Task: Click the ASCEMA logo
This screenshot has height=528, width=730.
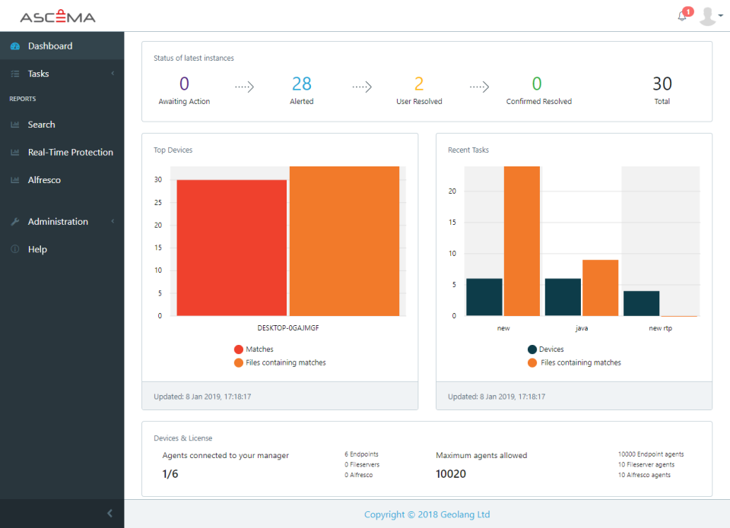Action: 58,17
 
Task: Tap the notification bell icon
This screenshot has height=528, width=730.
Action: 682,16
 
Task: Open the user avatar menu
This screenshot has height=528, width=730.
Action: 710,16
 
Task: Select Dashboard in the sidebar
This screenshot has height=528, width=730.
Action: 50,46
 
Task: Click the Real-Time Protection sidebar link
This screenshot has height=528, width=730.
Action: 70,153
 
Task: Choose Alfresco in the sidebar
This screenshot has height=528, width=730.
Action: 44,180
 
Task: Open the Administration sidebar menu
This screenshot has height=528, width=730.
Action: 58,222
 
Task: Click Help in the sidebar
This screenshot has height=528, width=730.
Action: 37,250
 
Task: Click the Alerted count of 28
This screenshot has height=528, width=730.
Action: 301,84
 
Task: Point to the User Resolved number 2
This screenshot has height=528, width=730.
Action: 419,84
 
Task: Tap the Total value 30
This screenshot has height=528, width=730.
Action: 662,84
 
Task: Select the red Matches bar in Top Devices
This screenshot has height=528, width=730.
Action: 231,248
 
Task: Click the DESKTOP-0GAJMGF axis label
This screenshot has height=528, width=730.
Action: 287,328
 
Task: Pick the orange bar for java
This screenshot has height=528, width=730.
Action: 600,288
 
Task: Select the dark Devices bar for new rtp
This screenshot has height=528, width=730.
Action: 641,303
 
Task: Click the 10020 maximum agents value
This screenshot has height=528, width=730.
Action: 451,475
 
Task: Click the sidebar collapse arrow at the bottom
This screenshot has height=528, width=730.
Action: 109,514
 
